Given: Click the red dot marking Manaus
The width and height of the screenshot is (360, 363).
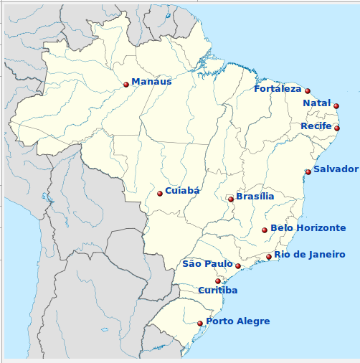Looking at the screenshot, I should tap(126, 85).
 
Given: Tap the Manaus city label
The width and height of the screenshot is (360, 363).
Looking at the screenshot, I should tap(151, 82).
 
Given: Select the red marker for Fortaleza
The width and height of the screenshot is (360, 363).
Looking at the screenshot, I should tap(308, 91).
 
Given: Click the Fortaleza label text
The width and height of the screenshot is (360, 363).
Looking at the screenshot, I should tap(278, 89).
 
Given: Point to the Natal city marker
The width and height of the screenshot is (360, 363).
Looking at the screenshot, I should tap(336, 106).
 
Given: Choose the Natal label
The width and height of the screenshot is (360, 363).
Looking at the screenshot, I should tap(316, 103).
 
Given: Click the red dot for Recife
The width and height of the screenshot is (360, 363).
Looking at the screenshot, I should tap(337, 128).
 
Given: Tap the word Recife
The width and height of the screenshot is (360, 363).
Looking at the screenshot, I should tap(316, 126).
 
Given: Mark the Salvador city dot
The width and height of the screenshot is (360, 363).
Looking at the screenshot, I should tap(308, 172).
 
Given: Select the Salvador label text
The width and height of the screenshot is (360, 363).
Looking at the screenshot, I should tap(336, 169).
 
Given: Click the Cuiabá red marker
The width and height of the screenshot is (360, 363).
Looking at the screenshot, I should tap(160, 194).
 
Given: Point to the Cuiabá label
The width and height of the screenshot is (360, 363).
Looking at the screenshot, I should tap(182, 191).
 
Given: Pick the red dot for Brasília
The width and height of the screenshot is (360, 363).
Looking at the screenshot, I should tap(231, 199).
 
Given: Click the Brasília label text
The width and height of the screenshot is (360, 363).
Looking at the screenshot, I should tap(255, 197).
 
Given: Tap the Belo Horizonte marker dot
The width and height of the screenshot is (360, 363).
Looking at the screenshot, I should tap(265, 230).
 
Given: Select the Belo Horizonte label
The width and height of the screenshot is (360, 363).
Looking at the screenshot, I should tap(308, 228).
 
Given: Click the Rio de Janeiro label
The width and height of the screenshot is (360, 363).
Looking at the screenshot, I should tap(309, 255).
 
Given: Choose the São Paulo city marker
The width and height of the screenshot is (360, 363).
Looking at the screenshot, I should tap(238, 266).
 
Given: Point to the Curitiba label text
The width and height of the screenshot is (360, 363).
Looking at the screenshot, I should tap(217, 291).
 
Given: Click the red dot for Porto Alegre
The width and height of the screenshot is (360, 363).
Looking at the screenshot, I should tap(200, 324).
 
